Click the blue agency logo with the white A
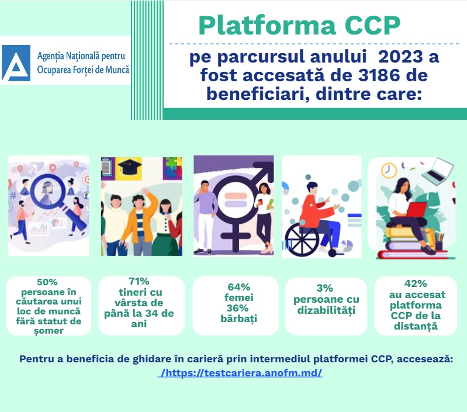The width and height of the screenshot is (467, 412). point(16,63)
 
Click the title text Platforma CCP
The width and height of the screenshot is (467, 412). point(299,25)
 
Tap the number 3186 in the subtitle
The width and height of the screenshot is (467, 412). point(378,75)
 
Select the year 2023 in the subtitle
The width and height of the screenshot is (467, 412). point(400,57)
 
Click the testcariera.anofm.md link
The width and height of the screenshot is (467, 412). point(240,373)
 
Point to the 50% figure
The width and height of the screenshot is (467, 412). point(47,282)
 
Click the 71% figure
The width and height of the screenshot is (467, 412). point(139,281)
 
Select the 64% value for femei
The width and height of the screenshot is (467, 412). point(238,287)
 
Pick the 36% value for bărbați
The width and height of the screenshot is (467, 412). point(237,308)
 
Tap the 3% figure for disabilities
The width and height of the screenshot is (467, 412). point(324,288)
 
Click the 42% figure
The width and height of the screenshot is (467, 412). point(416,283)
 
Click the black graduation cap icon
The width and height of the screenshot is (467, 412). point(130,167)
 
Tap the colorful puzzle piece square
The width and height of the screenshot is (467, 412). point(172,168)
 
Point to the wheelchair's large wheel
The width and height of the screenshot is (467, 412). point(302,240)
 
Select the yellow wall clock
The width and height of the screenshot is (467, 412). point(389,170)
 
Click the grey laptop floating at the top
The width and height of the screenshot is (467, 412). point(438,170)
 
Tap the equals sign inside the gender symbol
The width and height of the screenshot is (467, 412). point(236,200)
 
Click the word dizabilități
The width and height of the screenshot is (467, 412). point(326,310)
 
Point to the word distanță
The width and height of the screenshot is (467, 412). point(416,326)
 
